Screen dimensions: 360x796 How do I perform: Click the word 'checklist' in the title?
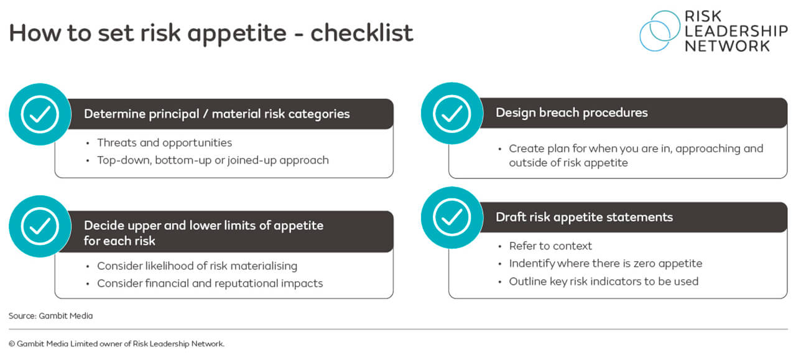(x=362, y=32)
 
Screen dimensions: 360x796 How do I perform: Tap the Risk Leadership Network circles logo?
(x=660, y=30)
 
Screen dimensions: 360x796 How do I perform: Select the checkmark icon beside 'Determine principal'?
(x=40, y=114)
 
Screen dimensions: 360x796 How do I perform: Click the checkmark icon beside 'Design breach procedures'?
(x=451, y=113)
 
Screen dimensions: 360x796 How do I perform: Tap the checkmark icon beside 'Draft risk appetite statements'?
(x=451, y=218)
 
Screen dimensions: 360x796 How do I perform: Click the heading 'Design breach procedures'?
(x=572, y=113)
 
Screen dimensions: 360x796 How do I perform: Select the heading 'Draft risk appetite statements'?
(x=584, y=217)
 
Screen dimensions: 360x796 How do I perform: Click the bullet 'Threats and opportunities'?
(x=164, y=143)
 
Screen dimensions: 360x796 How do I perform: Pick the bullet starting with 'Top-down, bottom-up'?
(x=213, y=160)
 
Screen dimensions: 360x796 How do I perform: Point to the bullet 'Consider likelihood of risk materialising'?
(x=197, y=266)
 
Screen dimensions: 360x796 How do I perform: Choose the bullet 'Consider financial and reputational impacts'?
(x=210, y=284)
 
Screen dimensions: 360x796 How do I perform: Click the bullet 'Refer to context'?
(x=550, y=246)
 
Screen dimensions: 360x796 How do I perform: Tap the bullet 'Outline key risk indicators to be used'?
(x=603, y=282)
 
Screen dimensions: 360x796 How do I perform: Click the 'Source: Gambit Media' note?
(x=50, y=316)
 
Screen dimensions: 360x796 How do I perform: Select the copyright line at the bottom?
(x=116, y=344)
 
